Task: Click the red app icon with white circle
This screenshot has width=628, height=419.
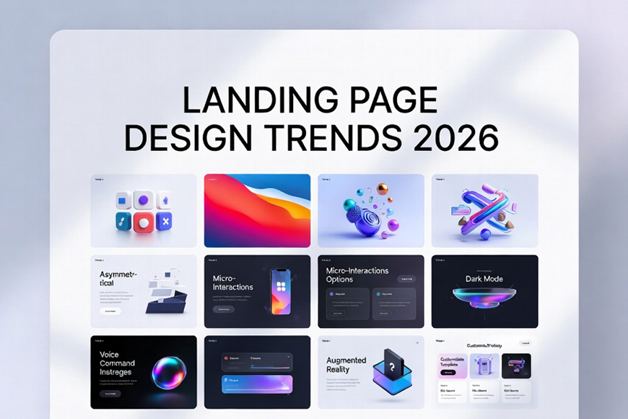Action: pos(143,223)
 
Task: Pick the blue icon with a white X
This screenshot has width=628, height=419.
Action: pos(165,223)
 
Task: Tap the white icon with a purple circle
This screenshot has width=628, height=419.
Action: pos(143,200)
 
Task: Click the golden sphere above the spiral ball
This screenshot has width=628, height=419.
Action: pos(383,189)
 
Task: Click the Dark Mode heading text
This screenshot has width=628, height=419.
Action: pos(484,278)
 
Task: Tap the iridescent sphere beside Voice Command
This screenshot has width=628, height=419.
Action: pos(168,373)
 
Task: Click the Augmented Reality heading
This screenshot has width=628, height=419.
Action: pos(346,365)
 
